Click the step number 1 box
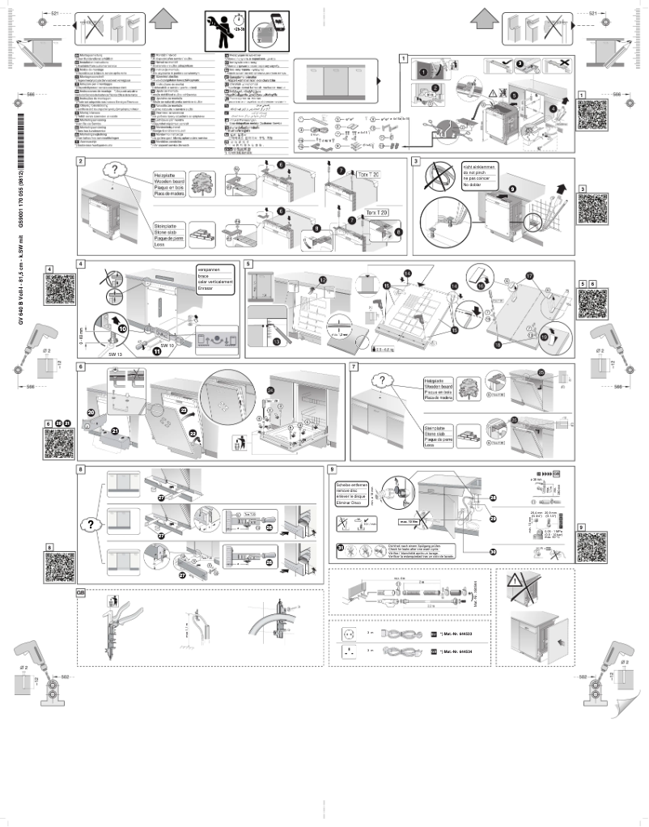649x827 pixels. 403,58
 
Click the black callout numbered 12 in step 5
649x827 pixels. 323,279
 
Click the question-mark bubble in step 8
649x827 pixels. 91,524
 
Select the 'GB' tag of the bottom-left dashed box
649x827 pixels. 80,592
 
